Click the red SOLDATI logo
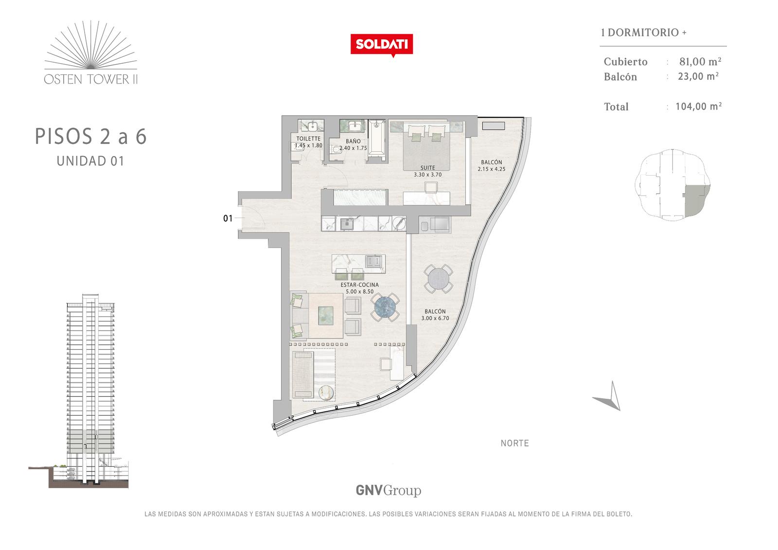382,45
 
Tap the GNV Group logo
389,491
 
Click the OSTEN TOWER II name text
90,79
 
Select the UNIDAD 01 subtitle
90,161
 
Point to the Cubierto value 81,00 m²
700,61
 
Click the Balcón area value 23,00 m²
698,76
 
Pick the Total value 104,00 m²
698,106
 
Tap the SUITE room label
427,168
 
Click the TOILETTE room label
308,139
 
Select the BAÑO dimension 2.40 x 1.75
353,148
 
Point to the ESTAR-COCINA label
359,284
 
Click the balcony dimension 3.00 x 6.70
435,318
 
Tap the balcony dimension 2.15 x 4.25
492,169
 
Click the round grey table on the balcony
438,279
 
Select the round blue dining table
385,307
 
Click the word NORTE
515,443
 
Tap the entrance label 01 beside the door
228,218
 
